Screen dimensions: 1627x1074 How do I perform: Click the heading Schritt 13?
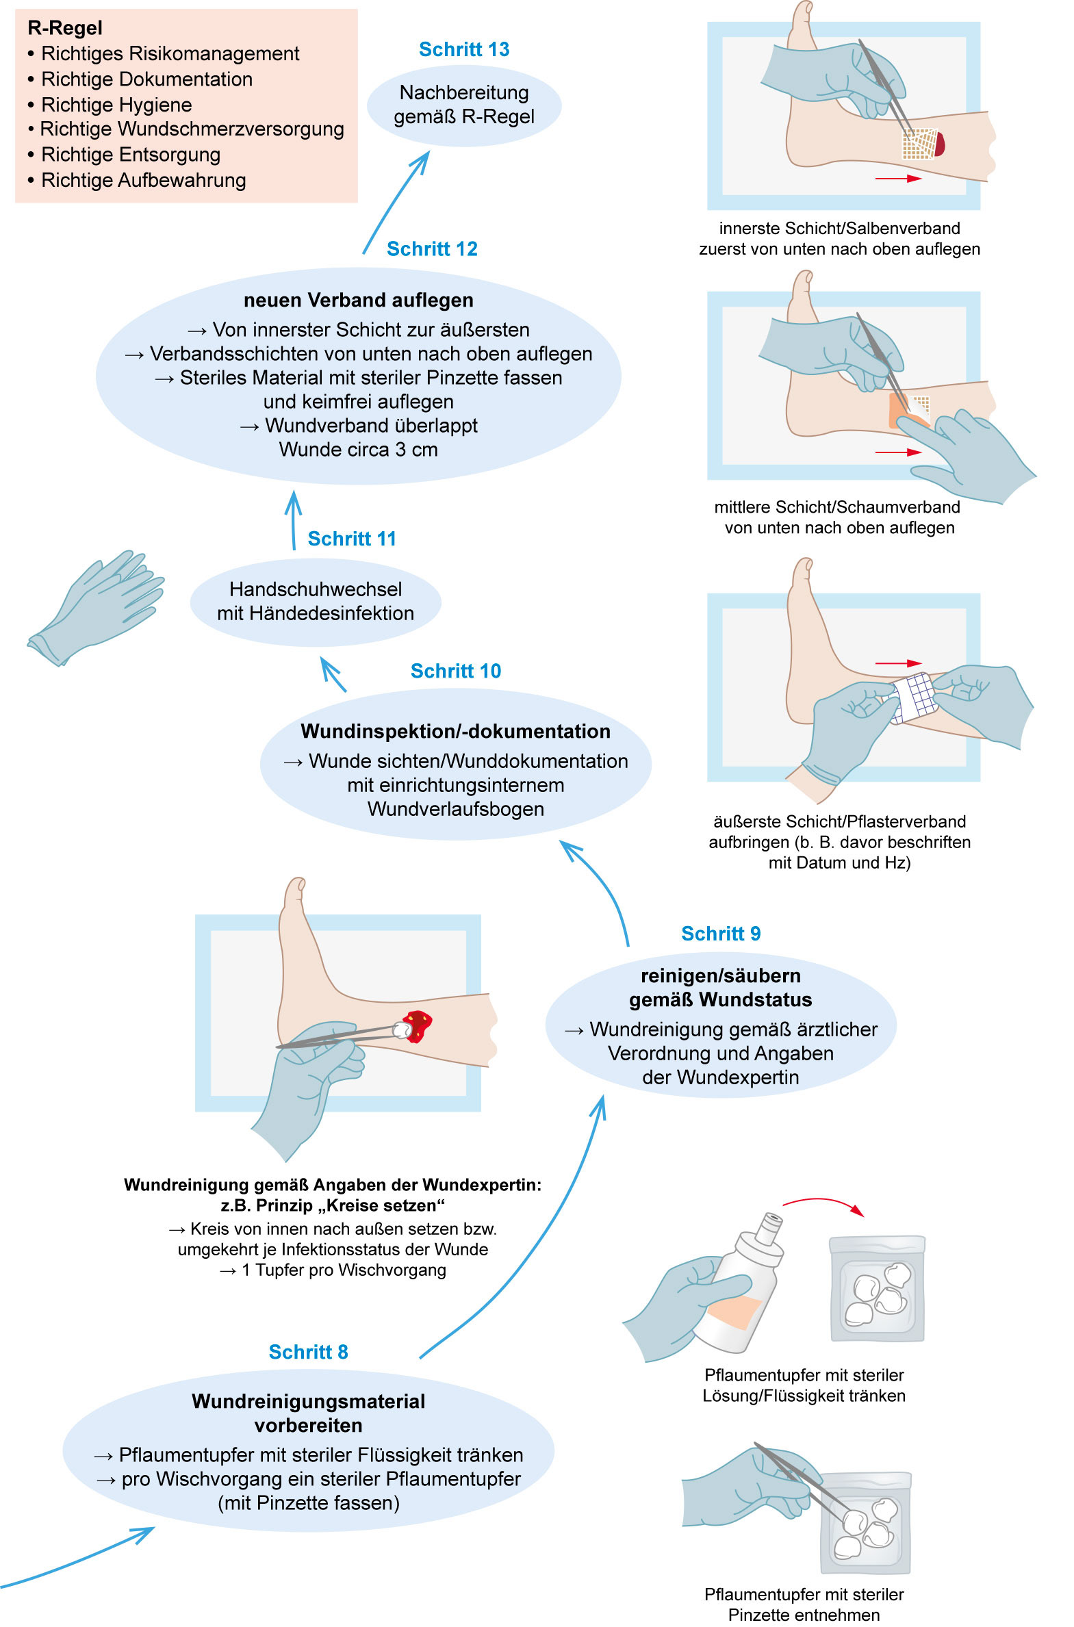click(463, 49)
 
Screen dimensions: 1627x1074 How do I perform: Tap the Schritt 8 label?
click(308, 1352)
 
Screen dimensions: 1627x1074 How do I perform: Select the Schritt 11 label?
click(351, 539)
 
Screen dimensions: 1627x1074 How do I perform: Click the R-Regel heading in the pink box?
click(65, 28)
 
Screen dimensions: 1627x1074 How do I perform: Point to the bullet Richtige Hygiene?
click(116, 105)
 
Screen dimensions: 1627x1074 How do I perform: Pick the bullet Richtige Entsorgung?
click(131, 155)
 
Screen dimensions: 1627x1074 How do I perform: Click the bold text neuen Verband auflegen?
click(358, 300)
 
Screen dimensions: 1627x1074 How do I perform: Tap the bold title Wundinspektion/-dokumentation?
click(455, 731)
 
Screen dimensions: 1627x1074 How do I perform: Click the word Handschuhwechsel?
click(315, 589)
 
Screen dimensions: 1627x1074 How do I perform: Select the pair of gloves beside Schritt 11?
click(96, 606)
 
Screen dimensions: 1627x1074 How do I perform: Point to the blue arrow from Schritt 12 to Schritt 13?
click(396, 202)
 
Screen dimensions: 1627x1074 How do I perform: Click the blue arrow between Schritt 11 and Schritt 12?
click(294, 520)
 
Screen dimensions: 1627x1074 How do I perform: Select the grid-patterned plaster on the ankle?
click(913, 697)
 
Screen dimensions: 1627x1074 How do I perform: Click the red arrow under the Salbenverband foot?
click(898, 179)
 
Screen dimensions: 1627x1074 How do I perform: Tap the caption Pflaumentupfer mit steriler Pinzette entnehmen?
click(804, 1604)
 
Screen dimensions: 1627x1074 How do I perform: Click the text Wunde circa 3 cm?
click(358, 450)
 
